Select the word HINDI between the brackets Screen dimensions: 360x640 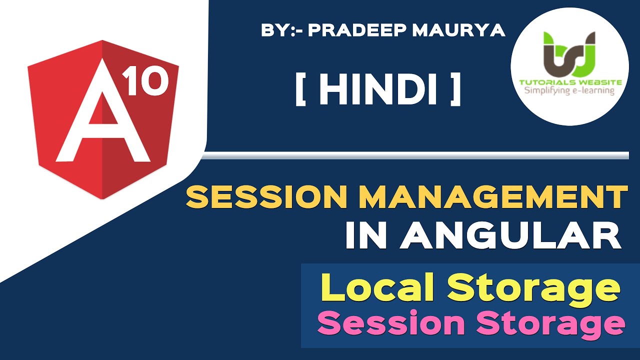(378, 91)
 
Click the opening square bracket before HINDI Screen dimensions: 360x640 (300, 91)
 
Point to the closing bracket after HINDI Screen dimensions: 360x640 (455, 91)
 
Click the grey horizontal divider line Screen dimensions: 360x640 (415, 155)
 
